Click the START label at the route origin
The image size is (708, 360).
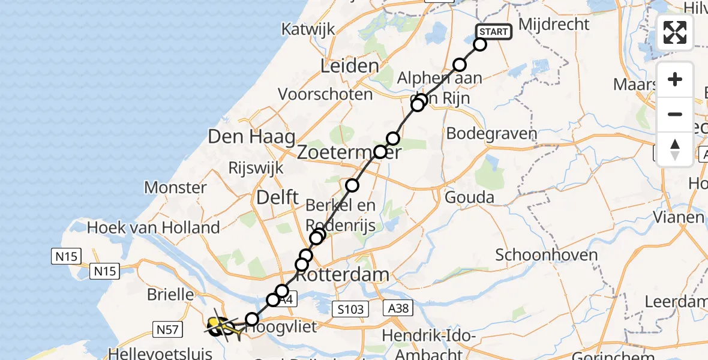[x=494, y=32]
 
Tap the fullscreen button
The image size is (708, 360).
[x=675, y=32]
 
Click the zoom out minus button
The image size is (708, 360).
[x=675, y=114]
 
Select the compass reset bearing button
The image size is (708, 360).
[x=675, y=149]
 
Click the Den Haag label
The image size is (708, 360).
[x=245, y=136]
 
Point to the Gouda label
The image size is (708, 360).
[x=470, y=197]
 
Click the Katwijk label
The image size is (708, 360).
[x=310, y=29]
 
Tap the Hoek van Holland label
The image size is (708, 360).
[x=154, y=227]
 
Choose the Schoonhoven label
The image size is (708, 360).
[x=547, y=255]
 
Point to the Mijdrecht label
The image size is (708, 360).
[x=554, y=25]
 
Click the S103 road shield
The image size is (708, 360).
[x=350, y=309]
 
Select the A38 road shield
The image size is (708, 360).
[x=398, y=308]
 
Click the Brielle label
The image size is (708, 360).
[x=171, y=295]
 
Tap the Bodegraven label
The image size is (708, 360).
[x=491, y=134]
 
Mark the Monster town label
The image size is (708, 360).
[x=176, y=187]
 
